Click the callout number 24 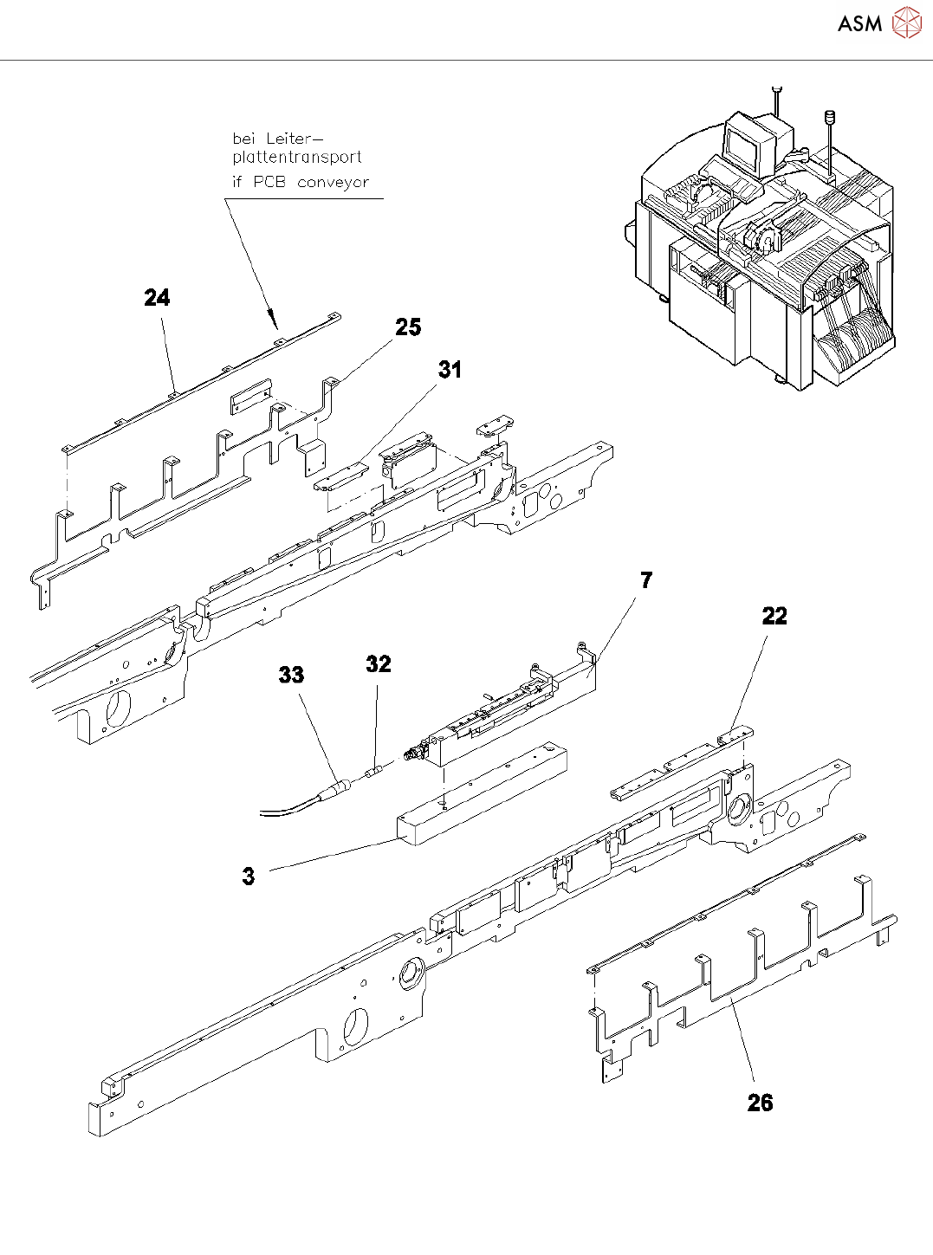[x=157, y=298]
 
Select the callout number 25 [x=408, y=327]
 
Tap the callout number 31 [x=450, y=370]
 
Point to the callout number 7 [x=646, y=580]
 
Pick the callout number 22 [x=774, y=616]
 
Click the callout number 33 [x=291, y=675]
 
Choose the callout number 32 [x=379, y=663]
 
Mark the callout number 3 [x=249, y=876]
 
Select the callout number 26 [x=760, y=1103]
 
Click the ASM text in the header [x=859, y=24]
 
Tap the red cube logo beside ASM [x=907, y=23]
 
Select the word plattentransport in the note [x=297, y=157]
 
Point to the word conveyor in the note [x=333, y=183]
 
